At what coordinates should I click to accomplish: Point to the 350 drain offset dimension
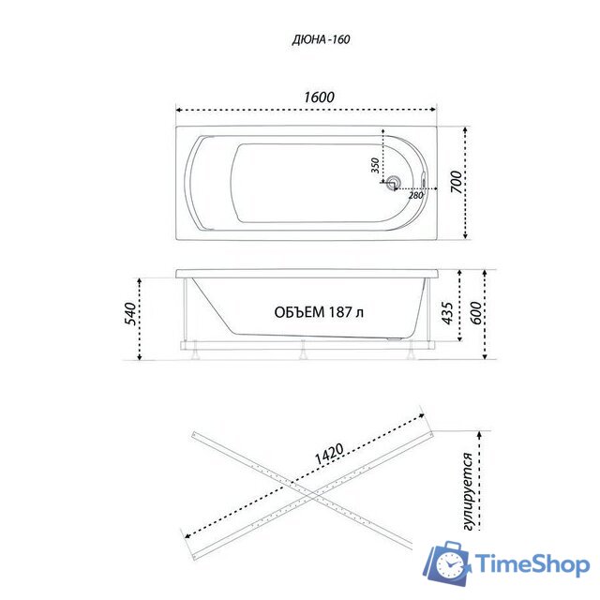[x=375, y=166]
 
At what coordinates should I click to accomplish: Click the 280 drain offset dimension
[x=415, y=195]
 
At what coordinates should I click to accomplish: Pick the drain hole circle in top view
[x=396, y=185]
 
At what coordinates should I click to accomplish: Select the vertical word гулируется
[x=468, y=487]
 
